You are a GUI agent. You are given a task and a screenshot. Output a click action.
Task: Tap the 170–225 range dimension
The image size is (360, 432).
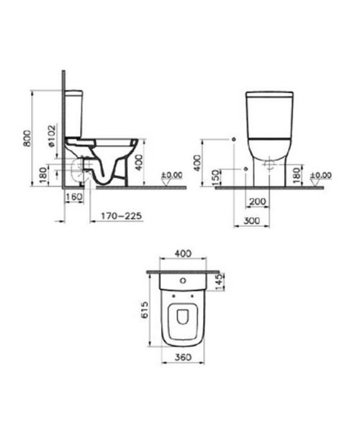pos(122,215)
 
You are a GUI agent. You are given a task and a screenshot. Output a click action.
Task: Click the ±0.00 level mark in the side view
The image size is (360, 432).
pos(172,175)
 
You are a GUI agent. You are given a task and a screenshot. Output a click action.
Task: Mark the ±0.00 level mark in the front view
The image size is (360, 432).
pos(320,175)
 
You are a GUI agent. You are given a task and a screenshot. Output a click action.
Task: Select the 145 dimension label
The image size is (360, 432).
pos(221,279)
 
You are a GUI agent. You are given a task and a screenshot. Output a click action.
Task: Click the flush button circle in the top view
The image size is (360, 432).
pos(182,282)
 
